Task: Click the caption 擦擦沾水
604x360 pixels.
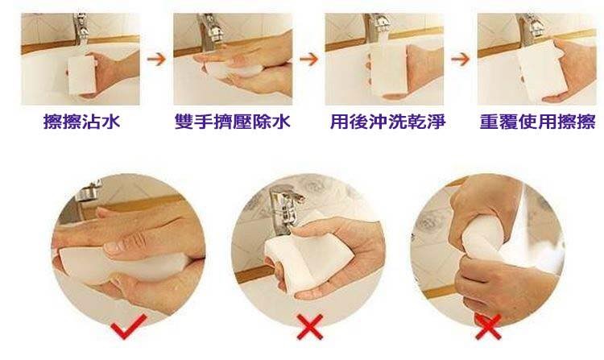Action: [x=81, y=122]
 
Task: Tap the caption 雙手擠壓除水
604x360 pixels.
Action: [x=232, y=122]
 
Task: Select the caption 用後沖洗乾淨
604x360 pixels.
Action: [x=387, y=122]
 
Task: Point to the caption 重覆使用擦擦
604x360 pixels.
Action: [x=538, y=122]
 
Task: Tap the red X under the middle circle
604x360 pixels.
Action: [x=310, y=327]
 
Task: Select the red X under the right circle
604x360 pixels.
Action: [x=488, y=327]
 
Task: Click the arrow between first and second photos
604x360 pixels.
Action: [x=156, y=60]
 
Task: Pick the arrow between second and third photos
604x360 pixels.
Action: [x=309, y=60]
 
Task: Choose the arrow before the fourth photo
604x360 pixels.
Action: [x=461, y=60]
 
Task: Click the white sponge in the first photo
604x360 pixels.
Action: [x=81, y=76]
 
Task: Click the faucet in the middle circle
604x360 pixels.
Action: [x=286, y=208]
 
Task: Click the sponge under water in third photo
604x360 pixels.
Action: [x=387, y=69]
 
